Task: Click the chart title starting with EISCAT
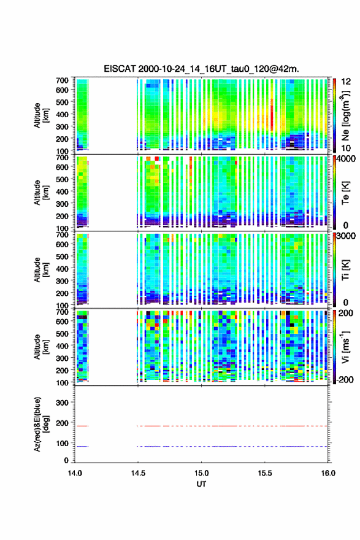tap(201, 69)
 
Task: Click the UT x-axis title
tap(201, 484)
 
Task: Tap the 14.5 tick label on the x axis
tap(138, 473)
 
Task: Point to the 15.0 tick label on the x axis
tap(201, 473)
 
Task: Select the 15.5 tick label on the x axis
tap(265, 473)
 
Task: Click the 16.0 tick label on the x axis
tap(328, 473)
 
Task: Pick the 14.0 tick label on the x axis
tap(75, 473)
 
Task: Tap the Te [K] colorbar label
tap(345, 193)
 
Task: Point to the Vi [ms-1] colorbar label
tap(345, 346)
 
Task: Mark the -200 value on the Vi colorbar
tap(345, 379)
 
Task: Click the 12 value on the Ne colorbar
tap(346, 82)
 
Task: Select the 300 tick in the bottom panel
tap(63, 403)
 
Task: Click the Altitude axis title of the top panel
tap(41, 115)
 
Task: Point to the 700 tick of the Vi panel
tap(63, 312)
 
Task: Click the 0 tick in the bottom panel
tap(66, 460)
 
